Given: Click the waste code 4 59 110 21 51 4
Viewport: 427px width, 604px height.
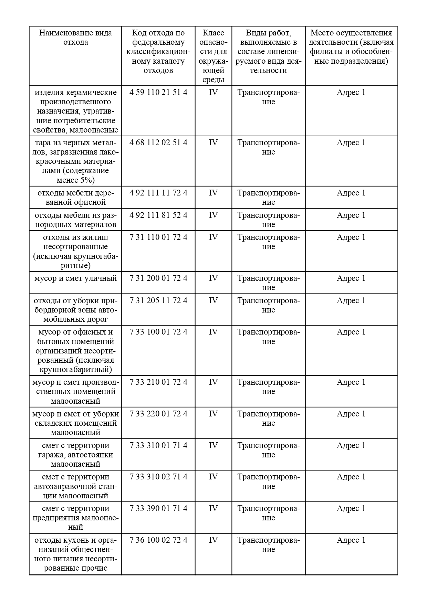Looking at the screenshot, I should pyautogui.click(x=158, y=93).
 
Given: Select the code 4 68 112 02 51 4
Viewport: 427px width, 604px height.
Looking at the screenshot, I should pyautogui.click(x=158, y=143).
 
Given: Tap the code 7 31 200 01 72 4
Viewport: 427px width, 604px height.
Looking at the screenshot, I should pyautogui.click(x=158, y=278).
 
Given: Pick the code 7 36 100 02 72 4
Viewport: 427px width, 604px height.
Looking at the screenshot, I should pyautogui.click(x=158, y=540).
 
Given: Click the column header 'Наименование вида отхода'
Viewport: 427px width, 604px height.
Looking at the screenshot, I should pyautogui.click(x=75, y=38).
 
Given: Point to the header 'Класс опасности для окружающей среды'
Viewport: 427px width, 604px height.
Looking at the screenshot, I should pyautogui.click(x=213, y=56).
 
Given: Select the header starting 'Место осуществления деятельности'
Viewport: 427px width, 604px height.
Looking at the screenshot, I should pyautogui.click(x=351, y=47).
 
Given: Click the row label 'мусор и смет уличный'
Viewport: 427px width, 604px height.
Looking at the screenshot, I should pyautogui.click(x=75, y=278).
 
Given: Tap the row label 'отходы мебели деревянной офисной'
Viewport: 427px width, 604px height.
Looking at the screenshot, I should pyautogui.click(x=75, y=198).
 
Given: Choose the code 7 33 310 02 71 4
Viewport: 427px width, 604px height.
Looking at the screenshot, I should pyautogui.click(x=158, y=477).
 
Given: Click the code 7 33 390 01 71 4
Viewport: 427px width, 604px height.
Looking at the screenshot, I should pyautogui.click(x=158, y=509).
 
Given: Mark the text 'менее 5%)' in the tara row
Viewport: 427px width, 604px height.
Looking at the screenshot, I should pyautogui.click(x=75, y=180).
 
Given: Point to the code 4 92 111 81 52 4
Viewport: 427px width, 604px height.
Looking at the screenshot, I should pyautogui.click(x=158, y=215).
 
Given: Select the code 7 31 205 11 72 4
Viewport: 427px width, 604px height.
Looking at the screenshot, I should pyautogui.click(x=158, y=301).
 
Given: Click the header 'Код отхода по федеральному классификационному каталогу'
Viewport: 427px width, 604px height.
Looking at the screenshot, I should pyautogui.click(x=158, y=52).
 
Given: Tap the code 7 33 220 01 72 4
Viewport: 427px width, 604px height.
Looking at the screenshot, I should pyautogui.click(x=158, y=414).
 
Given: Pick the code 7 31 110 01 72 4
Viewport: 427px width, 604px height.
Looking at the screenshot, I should pyautogui.click(x=158, y=237).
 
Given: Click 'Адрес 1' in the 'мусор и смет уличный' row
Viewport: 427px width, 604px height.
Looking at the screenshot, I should pyautogui.click(x=351, y=278).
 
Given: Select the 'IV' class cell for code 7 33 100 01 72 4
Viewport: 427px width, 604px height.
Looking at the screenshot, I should pyautogui.click(x=213, y=332).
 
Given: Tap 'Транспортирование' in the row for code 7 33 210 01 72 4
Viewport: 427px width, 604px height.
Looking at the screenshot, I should pyautogui.click(x=268, y=387).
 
